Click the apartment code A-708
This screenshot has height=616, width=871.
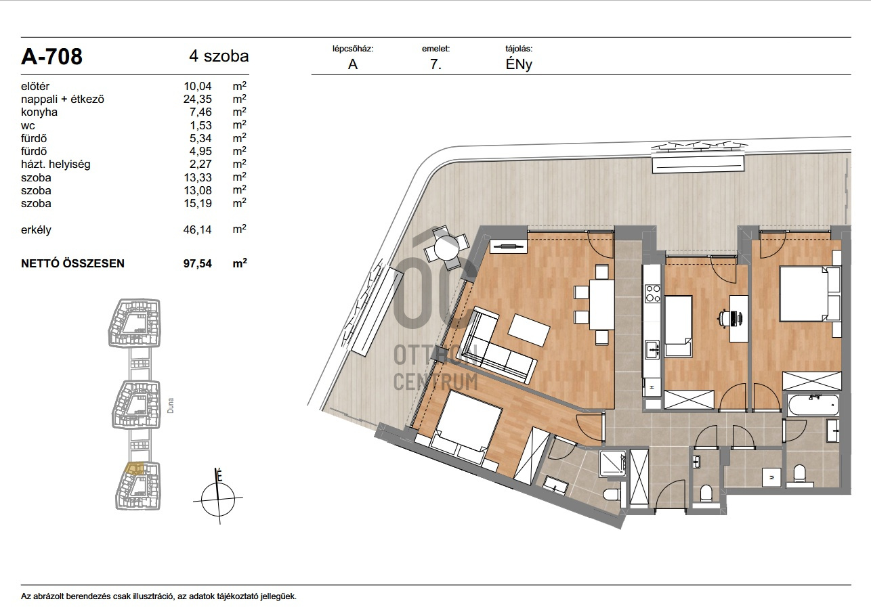(51, 57)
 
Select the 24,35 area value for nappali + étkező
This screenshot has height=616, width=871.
(198, 99)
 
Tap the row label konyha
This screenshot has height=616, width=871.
(39, 112)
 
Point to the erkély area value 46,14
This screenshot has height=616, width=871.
(198, 229)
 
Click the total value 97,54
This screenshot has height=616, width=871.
(198, 263)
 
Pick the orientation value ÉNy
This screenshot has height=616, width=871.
(519, 64)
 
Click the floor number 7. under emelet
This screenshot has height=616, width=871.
(435, 64)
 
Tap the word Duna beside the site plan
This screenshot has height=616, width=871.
(170, 405)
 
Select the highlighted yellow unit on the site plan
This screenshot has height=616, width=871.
(135, 468)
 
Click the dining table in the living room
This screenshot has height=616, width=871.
(601, 305)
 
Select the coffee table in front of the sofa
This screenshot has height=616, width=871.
(529, 330)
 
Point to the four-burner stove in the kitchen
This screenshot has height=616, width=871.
(652, 293)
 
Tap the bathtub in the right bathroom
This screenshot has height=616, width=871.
(813, 405)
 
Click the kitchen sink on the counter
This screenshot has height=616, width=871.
(652, 350)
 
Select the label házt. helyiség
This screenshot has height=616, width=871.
(56, 164)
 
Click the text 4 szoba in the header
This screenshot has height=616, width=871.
(219, 56)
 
